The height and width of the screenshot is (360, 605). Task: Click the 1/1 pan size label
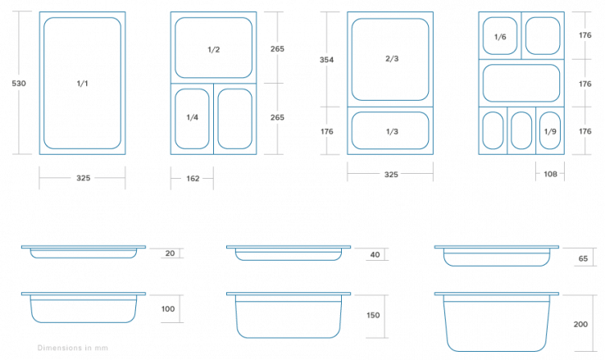[82, 84]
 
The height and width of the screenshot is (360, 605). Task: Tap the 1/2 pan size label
[213, 49]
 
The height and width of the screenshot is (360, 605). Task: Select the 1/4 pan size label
[192, 117]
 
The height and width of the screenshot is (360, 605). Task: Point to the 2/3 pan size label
[392, 59]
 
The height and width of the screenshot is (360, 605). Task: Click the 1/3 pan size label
[392, 131]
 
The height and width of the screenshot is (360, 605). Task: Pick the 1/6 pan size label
[500, 37]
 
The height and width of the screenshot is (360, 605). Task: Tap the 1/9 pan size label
[550, 131]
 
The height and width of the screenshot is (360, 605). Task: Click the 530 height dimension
[19, 84]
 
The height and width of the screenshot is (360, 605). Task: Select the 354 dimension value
[326, 60]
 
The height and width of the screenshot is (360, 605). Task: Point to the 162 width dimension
[193, 179]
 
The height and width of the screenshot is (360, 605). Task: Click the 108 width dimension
[550, 174]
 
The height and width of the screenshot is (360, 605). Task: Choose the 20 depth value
[170, 253]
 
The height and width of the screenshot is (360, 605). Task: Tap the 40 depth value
[375, 255]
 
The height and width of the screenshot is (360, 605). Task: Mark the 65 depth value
[583, 259]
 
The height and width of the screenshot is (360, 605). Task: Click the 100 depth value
[168, 309]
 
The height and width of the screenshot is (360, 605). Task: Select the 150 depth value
[373, 315]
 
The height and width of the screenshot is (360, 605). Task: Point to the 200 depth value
[580, 325]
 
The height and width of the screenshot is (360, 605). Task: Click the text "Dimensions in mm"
[72, 348]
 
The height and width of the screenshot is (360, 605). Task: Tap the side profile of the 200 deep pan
[497, 321]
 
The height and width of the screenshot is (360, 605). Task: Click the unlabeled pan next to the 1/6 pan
[543, 36]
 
